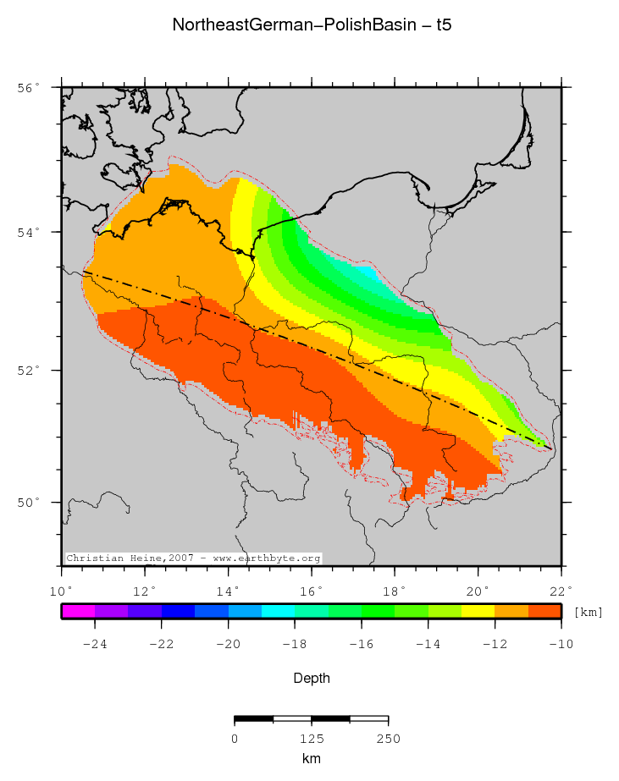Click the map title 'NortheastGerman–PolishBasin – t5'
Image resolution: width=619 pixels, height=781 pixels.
(x=312, y=25)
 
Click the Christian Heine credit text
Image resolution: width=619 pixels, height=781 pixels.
(x=193, y=558)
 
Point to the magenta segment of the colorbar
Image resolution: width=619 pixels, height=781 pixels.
(x=78, y=611)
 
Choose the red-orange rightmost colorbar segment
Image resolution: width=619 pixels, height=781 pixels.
(x=544, y=611)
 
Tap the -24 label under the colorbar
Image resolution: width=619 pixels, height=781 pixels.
(x=94, y=645)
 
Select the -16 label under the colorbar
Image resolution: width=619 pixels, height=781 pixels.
(x=361, y=645)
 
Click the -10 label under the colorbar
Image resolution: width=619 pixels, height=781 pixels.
(x=561, y=645)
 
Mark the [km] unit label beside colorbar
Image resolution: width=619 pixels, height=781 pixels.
(x=588, y=612)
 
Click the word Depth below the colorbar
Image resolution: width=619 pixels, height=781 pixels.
(x=312, y=679)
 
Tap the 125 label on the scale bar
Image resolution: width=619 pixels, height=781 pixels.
(x=311, y=739)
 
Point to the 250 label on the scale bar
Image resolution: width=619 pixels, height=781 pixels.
(x=388, y=739)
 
